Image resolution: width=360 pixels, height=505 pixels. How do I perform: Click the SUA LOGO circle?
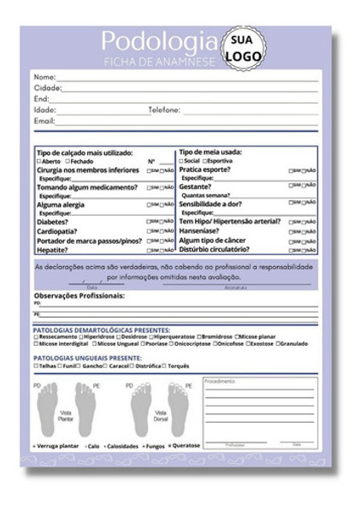[x=244, y=48]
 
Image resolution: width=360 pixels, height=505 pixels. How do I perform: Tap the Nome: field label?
[x=44, y=77]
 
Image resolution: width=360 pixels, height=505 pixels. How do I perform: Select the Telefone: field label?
[x=164, y=110]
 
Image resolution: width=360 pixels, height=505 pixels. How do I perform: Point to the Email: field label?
[x=44, y=122]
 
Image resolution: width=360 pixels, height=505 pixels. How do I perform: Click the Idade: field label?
[x=44, y=110]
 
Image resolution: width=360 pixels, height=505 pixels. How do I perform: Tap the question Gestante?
[x=195, y=186]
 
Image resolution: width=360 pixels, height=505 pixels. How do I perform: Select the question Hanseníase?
[x=202, y=231]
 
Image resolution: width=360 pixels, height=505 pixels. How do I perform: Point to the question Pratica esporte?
[x=204, y=169]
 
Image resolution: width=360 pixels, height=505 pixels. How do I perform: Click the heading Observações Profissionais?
[x=79, y=295]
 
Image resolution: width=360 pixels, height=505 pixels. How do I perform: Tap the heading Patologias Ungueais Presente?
[x=87, y=358]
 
